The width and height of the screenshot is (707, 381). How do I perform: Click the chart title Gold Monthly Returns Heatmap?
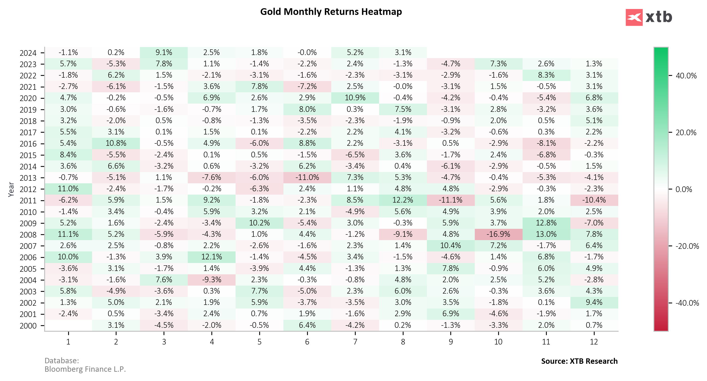(331, 12)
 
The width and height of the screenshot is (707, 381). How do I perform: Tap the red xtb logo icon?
(634, 17)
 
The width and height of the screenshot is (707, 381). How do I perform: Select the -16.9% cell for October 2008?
(498, 234)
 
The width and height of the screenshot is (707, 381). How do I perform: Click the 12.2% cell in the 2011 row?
(403, 200)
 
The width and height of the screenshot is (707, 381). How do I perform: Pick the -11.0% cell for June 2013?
(307, 177)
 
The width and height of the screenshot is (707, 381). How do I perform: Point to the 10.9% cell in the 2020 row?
(355, 98)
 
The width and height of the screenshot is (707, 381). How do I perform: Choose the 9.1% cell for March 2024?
(164, 52)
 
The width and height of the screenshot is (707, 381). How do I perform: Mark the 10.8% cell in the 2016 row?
(116, 143)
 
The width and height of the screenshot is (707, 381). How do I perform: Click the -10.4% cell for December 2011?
(594, 200)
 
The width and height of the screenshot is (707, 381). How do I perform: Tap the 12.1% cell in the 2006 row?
(212, 257)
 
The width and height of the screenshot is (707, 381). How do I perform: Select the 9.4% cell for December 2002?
(594, 302)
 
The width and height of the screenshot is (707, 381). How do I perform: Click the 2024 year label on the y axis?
(28, 53)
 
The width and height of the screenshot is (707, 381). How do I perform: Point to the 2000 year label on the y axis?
(28, 326)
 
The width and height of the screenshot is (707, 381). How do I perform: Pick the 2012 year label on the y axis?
(28, 189)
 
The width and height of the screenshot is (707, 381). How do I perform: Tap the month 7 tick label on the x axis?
(355, 342)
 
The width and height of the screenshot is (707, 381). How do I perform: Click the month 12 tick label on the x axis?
(594, 342)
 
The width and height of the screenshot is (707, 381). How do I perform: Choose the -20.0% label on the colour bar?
(687, 246)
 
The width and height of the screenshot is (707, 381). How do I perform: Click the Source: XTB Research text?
(579, 361)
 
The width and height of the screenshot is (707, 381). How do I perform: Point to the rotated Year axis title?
(11, 189)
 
